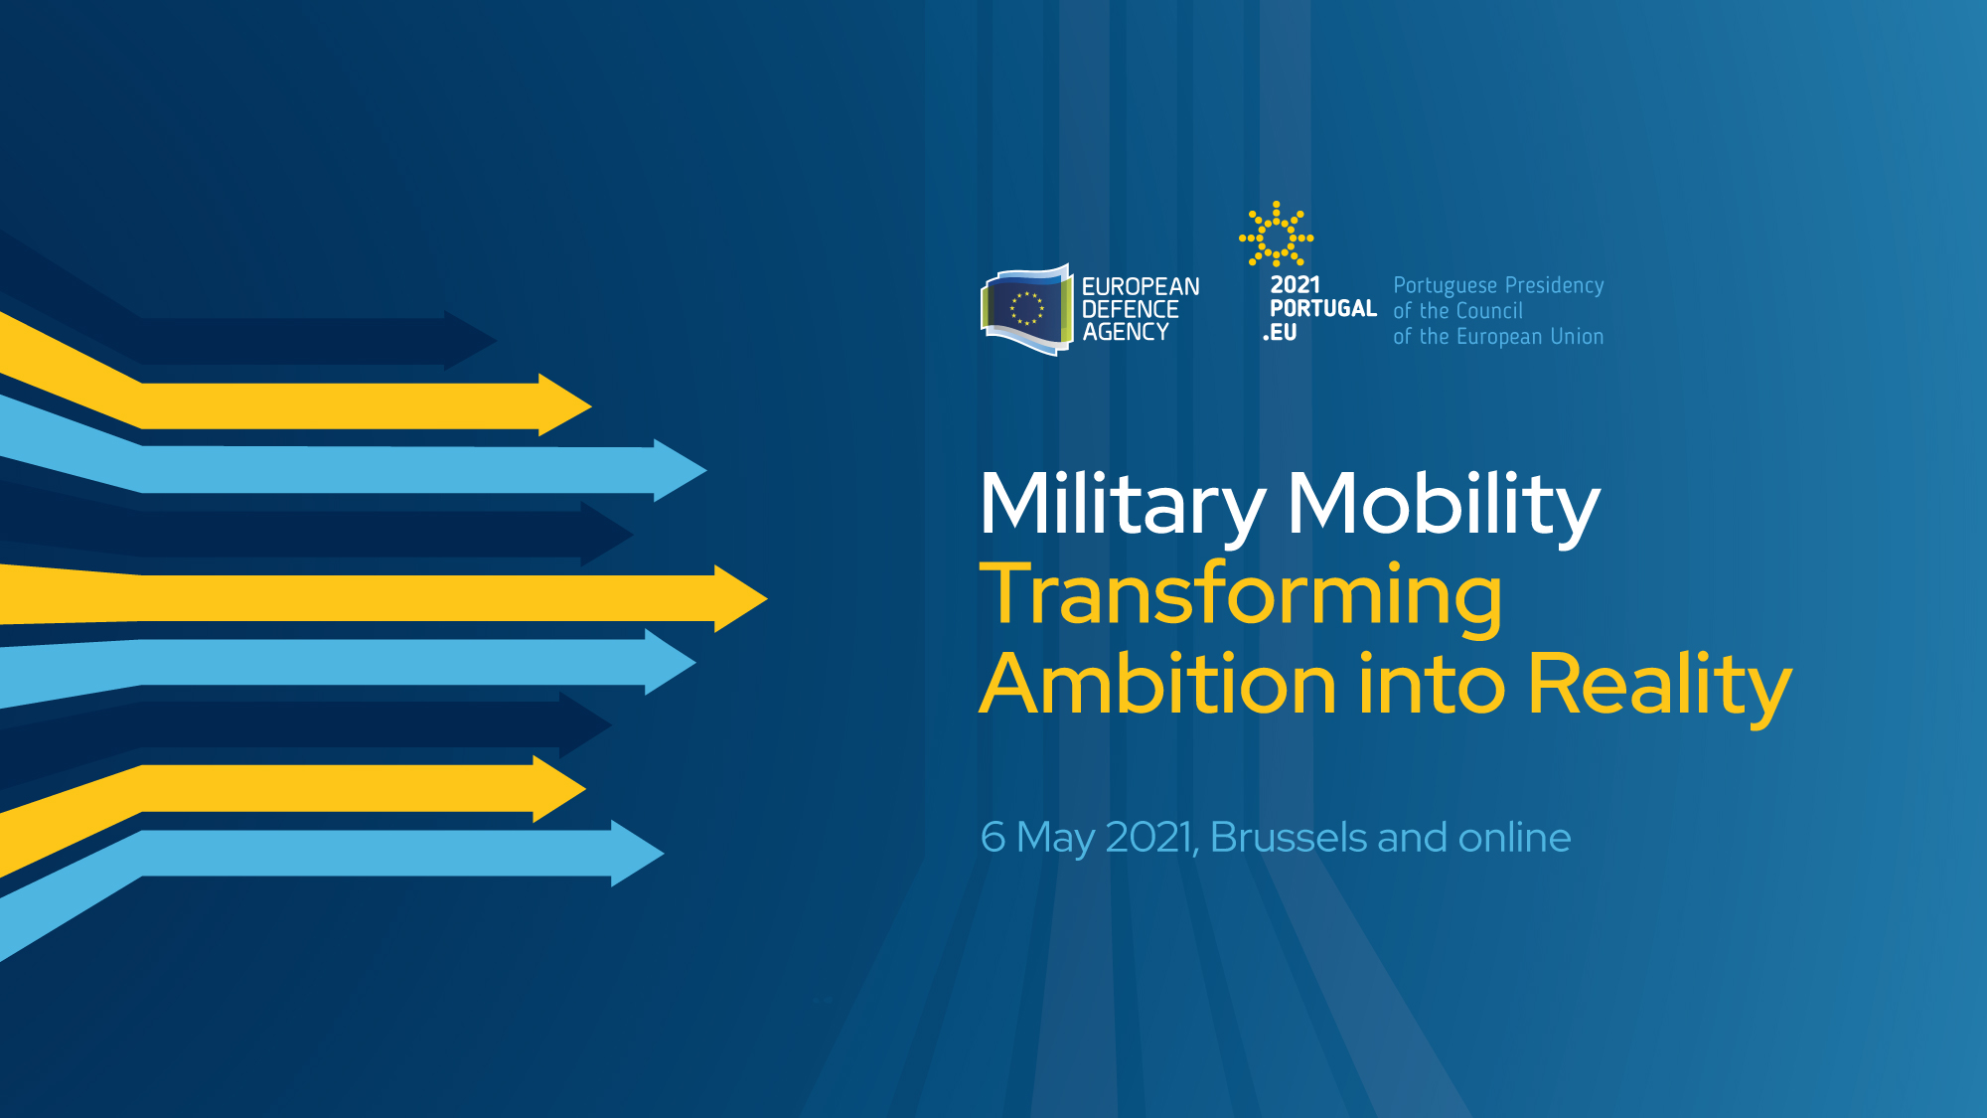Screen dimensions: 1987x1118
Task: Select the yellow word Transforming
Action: coord(1241,597)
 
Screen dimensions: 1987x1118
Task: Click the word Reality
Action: coord(1659,687)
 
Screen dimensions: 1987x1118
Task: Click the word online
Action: coord(1514,837)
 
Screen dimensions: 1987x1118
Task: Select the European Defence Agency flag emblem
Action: coord(1027,310)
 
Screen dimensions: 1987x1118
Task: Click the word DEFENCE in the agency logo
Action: coord(1130,309)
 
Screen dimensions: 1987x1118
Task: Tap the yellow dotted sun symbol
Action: coord(1276,235)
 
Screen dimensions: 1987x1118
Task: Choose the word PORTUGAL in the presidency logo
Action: coord(1323,308)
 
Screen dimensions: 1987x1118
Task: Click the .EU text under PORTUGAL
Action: coord(1280,333)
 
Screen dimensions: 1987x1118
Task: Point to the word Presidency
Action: coord(1554,285)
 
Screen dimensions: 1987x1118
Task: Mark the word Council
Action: coord(1488,311)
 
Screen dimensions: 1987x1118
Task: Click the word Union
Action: coord(1577,337)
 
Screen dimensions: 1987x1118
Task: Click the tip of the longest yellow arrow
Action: coord(768,598)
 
